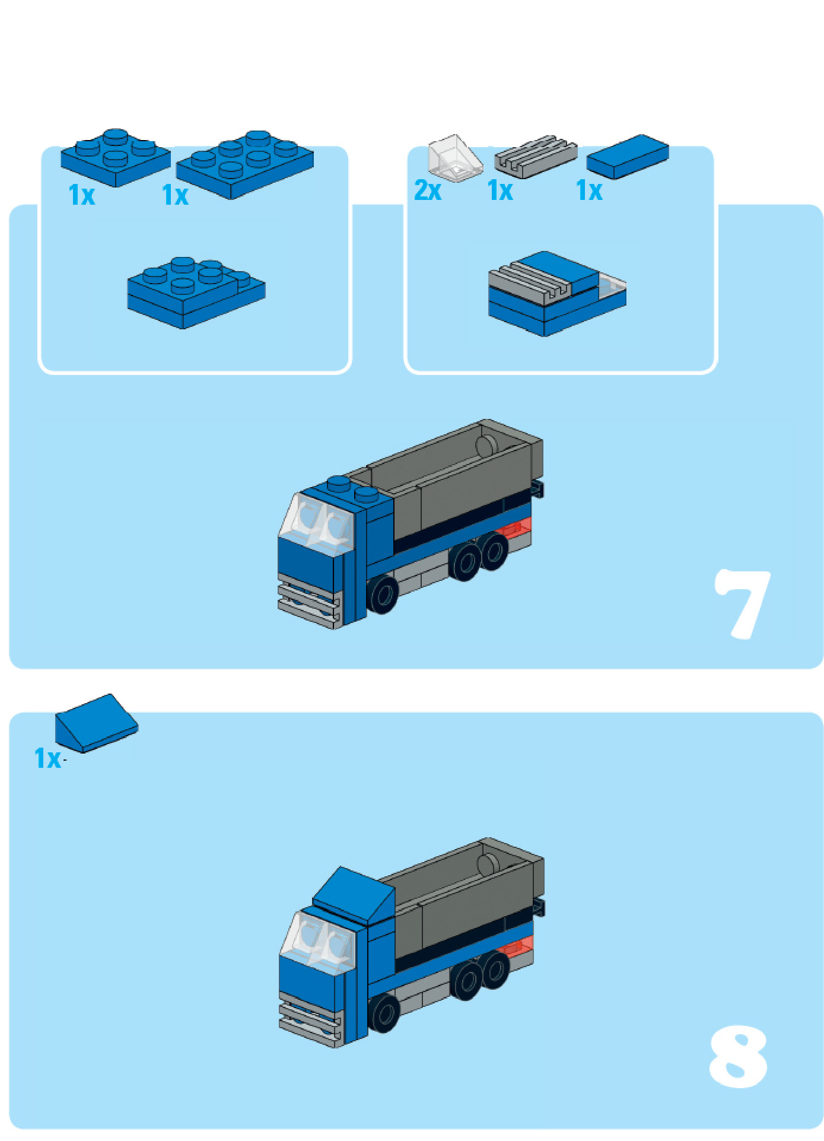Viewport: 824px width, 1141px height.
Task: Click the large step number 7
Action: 742,603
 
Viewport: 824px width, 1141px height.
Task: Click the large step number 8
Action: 738,1057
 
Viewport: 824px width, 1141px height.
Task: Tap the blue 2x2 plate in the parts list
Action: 116,157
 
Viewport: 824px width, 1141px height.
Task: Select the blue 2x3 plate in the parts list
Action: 245,164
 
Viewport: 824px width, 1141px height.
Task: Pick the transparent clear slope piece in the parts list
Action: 455,158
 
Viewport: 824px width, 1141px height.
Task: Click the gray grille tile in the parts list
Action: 536,156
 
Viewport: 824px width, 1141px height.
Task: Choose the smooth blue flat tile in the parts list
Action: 628,156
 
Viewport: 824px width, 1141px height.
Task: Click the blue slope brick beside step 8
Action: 97,723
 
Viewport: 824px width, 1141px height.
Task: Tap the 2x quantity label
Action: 428,191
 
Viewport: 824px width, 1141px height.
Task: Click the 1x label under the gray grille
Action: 500,191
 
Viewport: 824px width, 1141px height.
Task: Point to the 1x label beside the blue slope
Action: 47,758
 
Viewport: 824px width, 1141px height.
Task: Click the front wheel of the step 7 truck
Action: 383,594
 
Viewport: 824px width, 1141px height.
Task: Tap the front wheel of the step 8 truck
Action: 384,1012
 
